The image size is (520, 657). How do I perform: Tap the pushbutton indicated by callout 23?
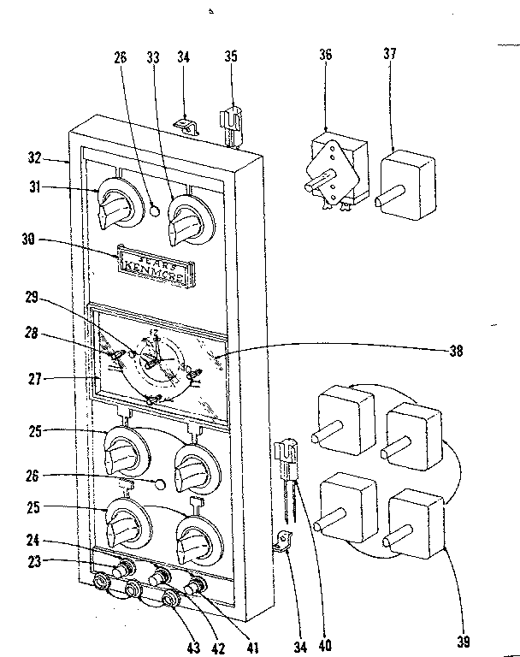(121, 568)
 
